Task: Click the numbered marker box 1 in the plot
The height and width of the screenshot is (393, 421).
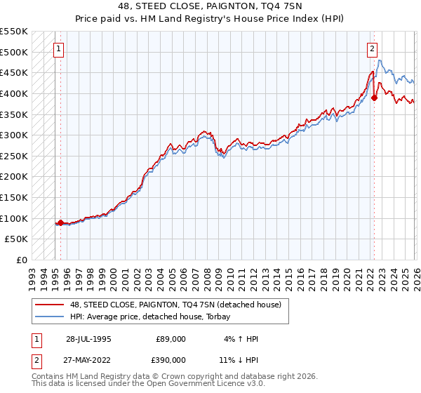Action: coord(58,49)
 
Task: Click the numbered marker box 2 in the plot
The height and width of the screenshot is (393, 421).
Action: coord(372,49)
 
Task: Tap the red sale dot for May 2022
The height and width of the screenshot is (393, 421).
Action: coord(374,98)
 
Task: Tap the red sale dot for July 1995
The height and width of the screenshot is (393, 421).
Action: coord(60,223)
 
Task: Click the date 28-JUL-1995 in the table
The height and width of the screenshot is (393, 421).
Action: coord(88,339)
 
